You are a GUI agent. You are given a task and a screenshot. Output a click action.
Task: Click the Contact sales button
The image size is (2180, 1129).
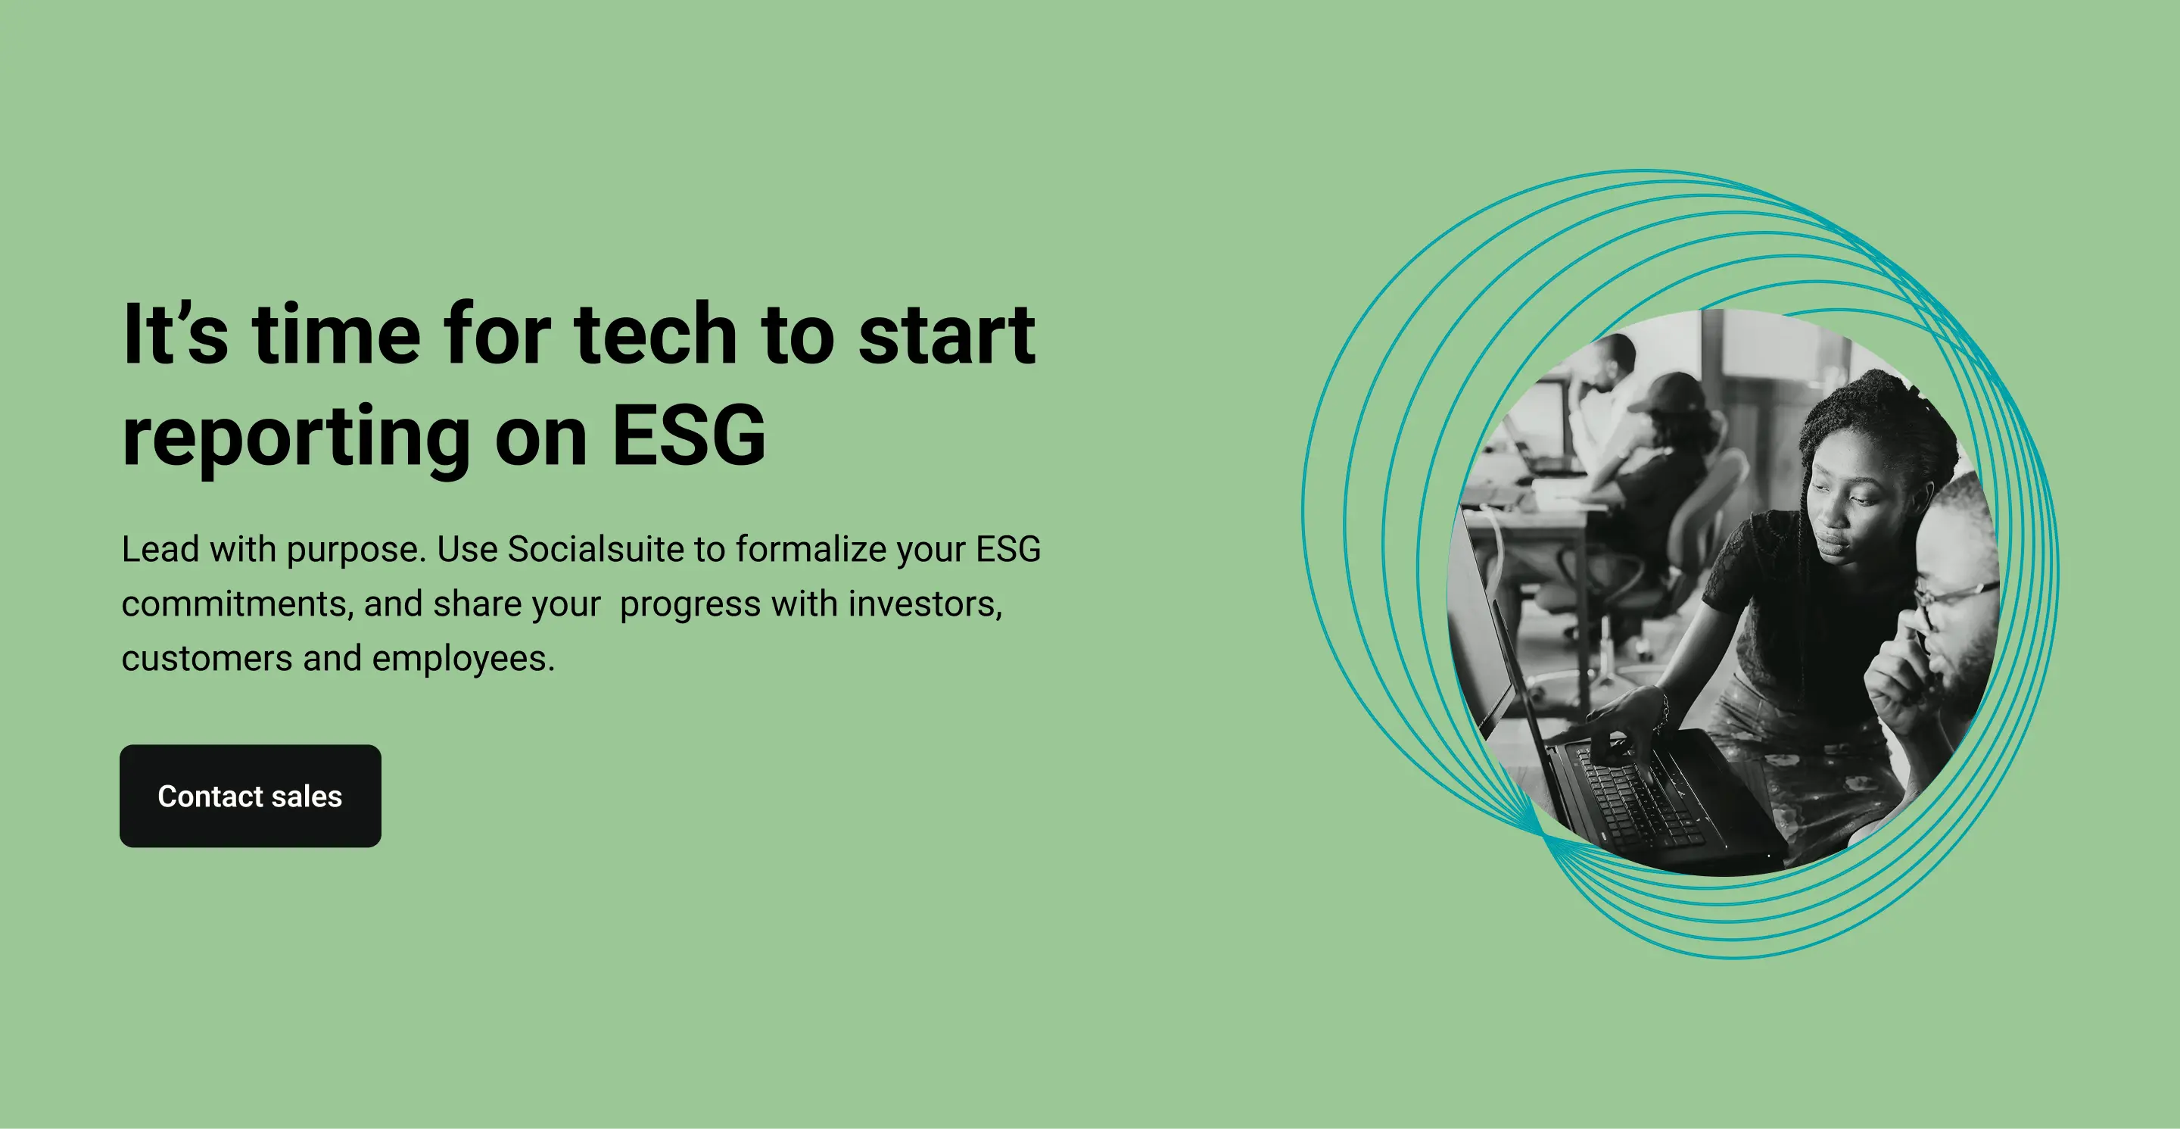pos(251,796)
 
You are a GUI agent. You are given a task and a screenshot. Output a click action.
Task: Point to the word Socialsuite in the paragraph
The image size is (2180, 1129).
pos(596,549)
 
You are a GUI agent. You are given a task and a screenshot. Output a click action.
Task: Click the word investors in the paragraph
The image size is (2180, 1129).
pos(925,604)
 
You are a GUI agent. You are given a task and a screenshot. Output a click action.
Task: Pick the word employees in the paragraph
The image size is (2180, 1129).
pos(463,660)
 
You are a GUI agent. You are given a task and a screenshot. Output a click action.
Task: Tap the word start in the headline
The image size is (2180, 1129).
pos(947,335)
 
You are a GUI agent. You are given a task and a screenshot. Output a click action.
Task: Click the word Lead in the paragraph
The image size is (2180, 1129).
pos(162,549)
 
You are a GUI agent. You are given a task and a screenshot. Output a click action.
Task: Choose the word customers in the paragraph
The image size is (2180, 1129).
pos(207,660)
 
